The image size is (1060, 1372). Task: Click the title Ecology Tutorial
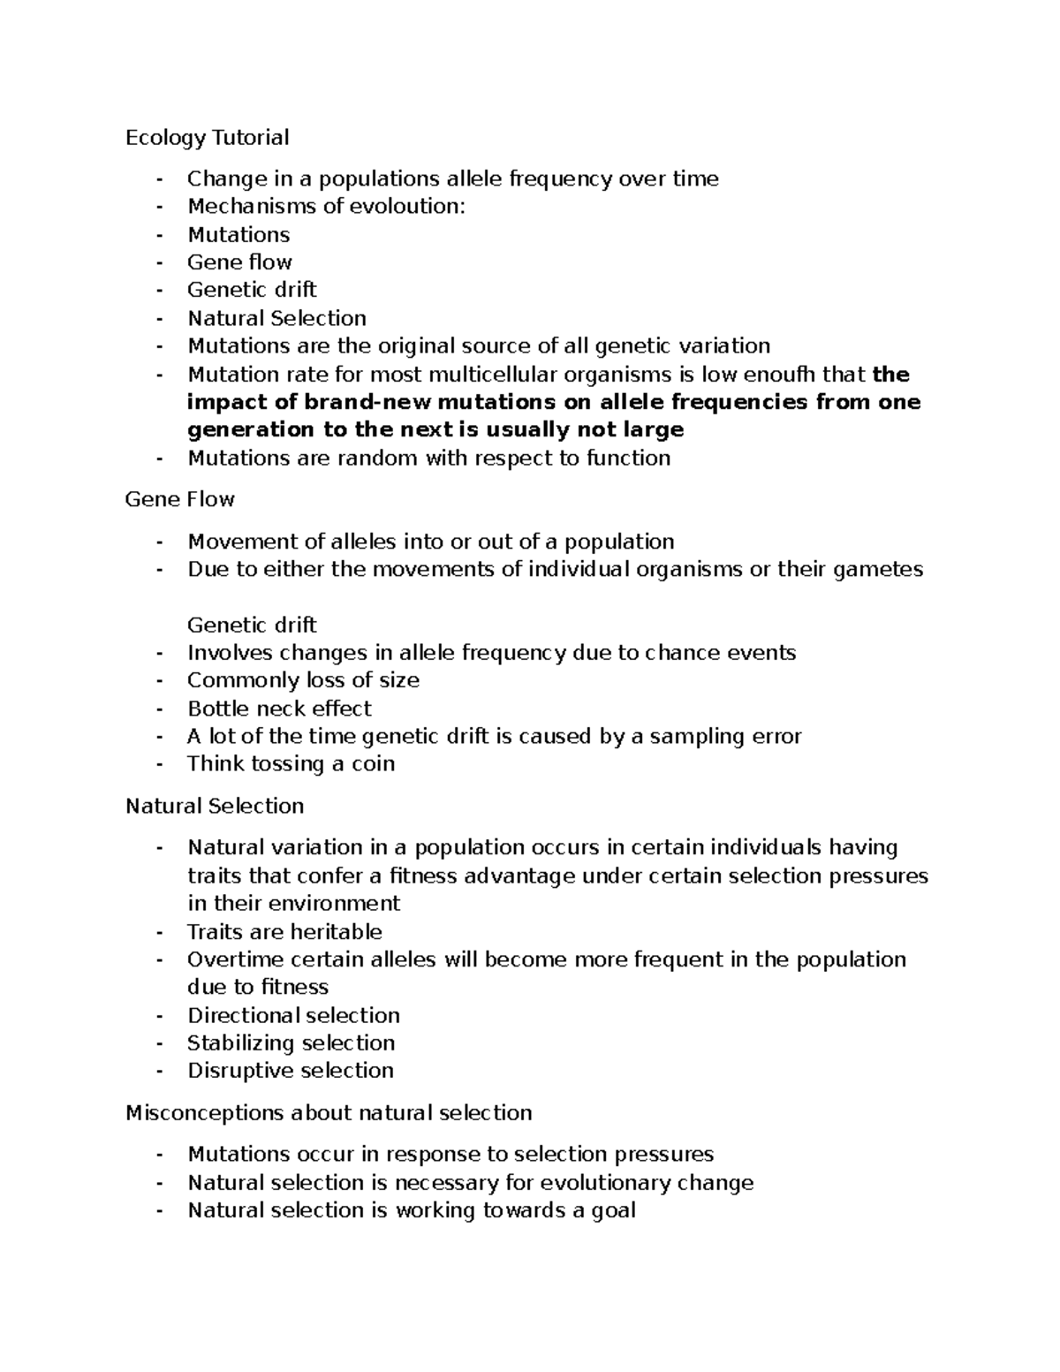(207, 138)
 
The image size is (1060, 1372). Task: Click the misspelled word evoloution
(405, 207)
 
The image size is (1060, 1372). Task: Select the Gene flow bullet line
(239, 262)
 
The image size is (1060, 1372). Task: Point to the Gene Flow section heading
(179, 500)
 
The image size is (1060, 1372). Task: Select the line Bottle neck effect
(279, 709)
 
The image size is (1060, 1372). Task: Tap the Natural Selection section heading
(215, 806)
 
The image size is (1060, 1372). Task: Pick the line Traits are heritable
(284, 932)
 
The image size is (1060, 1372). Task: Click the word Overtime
(235, 959)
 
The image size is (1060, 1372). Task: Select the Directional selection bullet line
(293, 1015)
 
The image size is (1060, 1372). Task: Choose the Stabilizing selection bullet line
(291, 1043)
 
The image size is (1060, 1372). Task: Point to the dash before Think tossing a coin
(159, 764)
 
